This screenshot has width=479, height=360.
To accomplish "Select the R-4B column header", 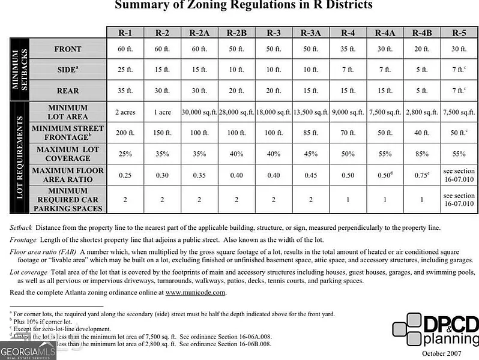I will click(x=422, y=33).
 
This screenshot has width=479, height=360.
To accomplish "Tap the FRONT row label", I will click(x=67, y=49).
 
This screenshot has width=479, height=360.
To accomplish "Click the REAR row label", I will click(x=67, y=91).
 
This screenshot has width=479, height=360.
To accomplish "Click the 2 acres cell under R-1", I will click(x=125, y=112).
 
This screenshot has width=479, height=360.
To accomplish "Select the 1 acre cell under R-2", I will click(x=162, y=112).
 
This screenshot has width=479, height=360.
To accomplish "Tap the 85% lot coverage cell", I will click(x=422, y=154).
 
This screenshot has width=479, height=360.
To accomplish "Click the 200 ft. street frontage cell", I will click(x=125, y=133).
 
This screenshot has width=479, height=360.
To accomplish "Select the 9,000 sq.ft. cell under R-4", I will click(x=348, y=112).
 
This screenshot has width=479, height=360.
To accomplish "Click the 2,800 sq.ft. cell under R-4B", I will click(x=422, y=112).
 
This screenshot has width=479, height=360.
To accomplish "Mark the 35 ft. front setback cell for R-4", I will click(x=348, y=49).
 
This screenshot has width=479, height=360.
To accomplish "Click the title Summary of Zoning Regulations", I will click(x=243, y=5).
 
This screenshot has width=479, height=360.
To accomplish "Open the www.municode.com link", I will click(x=196, y=292).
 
